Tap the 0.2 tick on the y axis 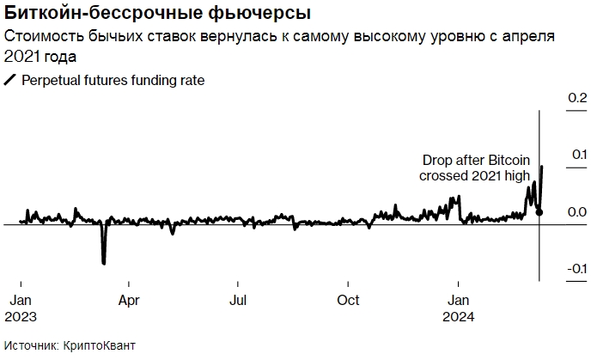click(x=576, y=99)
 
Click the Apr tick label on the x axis click(x=129, y=301)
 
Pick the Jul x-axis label click(x=239, y=301)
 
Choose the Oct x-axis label click(x=348, y=301)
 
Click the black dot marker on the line click(x=539, y=212)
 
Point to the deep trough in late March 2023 click(x=104, y=262)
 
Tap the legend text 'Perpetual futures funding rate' click(x=113, y=80)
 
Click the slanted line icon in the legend click(x=10, y=80)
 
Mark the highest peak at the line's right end click(x=541, y=167)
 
